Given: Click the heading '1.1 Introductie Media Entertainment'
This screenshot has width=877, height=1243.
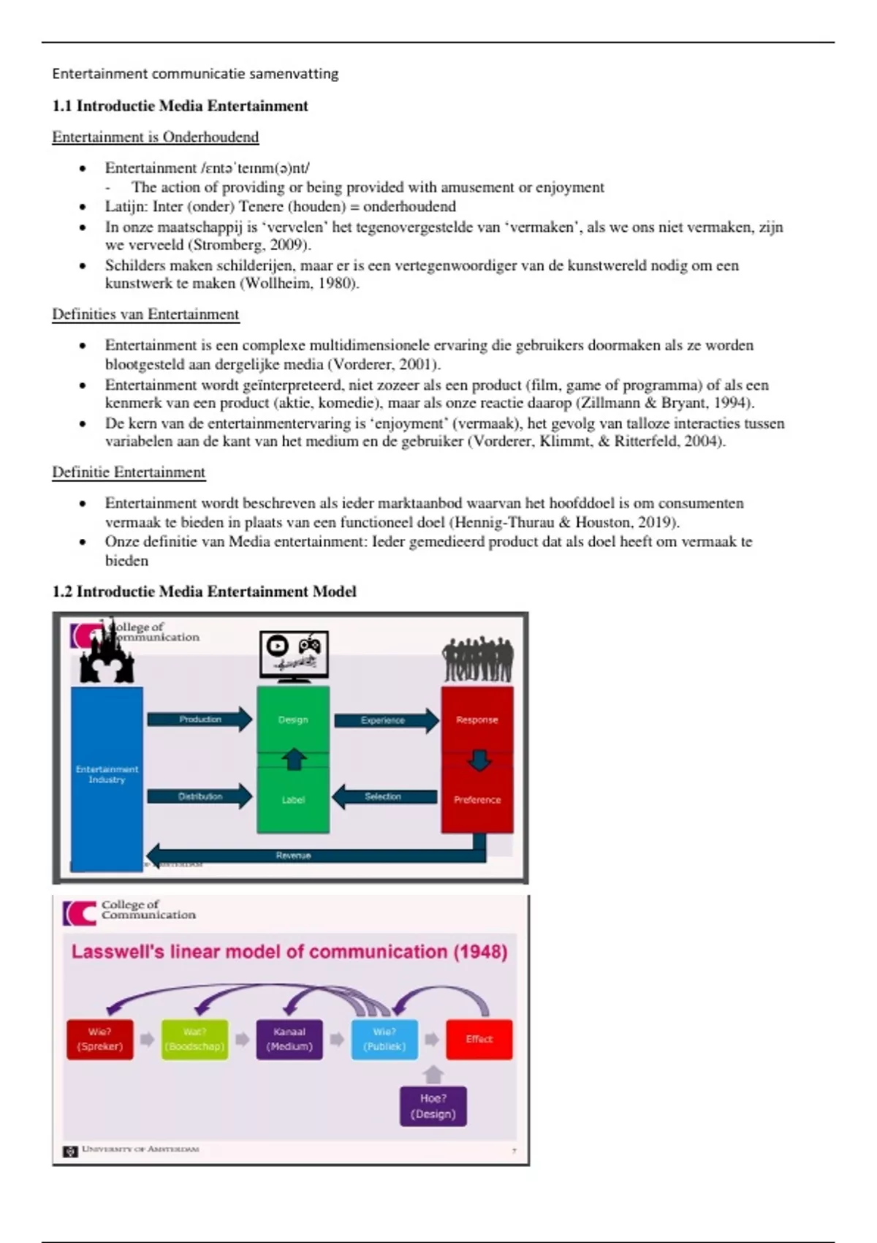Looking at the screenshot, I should (x=180, y=106).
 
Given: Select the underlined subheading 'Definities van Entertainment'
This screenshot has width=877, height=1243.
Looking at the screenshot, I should (x=145, y=314).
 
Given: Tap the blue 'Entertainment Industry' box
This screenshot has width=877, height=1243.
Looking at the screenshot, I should (x=107, y=775).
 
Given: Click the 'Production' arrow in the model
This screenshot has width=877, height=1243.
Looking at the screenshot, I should (x=200, y=719).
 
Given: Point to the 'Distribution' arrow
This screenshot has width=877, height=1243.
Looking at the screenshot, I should (x=200, y=796).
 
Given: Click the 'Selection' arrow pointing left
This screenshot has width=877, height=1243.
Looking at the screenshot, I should (x=384, y=796).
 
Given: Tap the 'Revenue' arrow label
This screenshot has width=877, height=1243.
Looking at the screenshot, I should (x=293, y=855).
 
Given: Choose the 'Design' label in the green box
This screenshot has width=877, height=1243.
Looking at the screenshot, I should (x=293, y=719).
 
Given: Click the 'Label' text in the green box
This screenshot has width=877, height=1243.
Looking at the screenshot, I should (x=293, y=800).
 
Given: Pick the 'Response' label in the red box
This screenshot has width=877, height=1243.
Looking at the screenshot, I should (x=477, y=719).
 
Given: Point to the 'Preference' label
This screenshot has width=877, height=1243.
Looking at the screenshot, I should (x=477, y=800).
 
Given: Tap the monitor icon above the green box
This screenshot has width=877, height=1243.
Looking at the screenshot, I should (x=294, y=654).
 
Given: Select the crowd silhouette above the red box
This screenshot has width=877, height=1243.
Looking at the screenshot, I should (x=477, y=660).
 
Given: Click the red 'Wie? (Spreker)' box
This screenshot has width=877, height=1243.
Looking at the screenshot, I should (x=100, y=1039).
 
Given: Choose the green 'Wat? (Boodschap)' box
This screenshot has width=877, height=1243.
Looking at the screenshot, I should (x=194, y=1039).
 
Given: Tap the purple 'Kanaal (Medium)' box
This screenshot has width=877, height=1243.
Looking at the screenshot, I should (x=289, y=1039).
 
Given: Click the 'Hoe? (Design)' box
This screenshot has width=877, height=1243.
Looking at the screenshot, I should (x=433, y=1106).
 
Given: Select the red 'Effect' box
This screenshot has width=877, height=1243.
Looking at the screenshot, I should (x=479, y=1039).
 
